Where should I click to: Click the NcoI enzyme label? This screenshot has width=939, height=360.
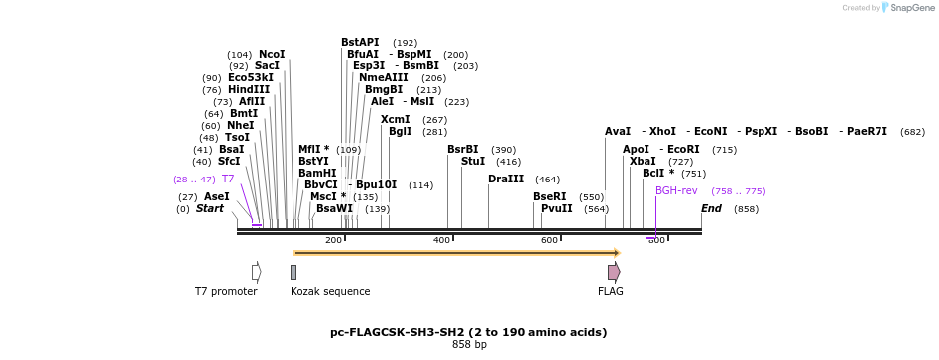point(271,54)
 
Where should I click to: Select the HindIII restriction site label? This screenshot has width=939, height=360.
point(248,89)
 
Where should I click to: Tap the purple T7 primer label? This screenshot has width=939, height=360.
point(228,179)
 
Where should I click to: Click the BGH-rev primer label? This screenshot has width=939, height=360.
point(676,190)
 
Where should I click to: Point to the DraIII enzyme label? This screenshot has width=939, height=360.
point(506,179)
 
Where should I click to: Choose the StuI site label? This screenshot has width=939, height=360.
point(473,161)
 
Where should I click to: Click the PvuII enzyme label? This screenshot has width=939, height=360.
point(556,208)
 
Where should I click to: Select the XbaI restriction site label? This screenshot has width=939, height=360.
point(643,161)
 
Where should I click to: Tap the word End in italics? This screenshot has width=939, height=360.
point(711,208)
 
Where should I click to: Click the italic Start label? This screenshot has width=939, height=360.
point(209,208)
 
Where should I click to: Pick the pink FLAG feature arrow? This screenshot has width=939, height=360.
point(614,272)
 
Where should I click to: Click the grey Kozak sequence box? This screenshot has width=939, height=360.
point(293,272)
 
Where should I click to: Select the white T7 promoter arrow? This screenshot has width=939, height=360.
point(256,272)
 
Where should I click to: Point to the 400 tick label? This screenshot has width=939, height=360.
point(441,240)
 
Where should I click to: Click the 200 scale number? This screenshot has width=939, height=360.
point(333,240)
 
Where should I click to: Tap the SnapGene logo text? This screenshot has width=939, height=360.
point(908,7)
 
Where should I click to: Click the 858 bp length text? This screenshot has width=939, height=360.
point(469,345)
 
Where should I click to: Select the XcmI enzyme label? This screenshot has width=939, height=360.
point(395,119)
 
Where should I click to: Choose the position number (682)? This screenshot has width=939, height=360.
point(912,131)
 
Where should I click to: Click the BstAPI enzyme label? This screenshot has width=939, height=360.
point(360,42)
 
